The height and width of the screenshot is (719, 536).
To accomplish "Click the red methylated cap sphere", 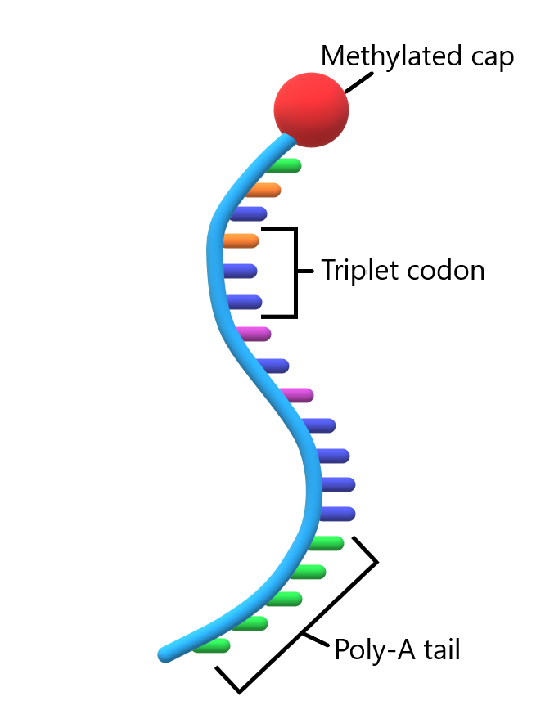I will pyautogui.click(x=311, y=109).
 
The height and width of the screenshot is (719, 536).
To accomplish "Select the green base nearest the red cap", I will pyautogui.click(x=285, y=165).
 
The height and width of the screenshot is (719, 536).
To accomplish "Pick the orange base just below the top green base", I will pyautogui.click(x=264, y=191).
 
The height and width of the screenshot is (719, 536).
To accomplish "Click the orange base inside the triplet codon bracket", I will pyautogui.click(x=241, y=240).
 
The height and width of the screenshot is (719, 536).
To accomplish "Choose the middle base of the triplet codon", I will pyautogui.click(x=241, y=271).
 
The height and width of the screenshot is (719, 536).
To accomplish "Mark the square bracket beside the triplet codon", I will pyautogui.click(x=294, y=272).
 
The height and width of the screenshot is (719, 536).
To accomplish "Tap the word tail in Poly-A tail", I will pyautogui.click(x=441, y=650).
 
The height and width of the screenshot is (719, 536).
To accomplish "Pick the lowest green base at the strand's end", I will pyautogui.click(x=211, y=646).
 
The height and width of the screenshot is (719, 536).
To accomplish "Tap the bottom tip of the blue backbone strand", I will pyautogui.click(x=164, y=654).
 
